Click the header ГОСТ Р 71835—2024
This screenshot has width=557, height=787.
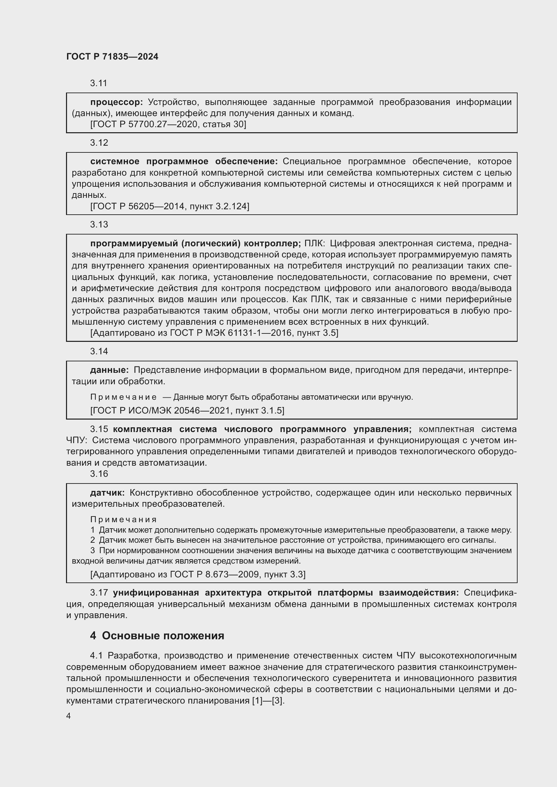coord(112,57)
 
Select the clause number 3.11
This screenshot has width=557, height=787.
coord(99,83)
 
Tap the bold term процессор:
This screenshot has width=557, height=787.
coord(116,102)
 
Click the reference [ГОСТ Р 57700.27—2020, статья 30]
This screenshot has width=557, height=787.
coord(168,124)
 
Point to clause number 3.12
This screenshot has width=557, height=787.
coord(99,143)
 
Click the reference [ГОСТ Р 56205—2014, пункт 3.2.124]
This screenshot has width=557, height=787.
coord(169,206)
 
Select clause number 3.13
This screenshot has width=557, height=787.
coord(99,224)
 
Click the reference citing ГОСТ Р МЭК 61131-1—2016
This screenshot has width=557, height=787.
coord(214,333)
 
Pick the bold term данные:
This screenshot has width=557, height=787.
coord(109,370)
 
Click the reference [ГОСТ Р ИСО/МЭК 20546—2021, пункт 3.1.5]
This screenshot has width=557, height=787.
coord(187,410)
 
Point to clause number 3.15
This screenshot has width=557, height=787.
coord(99,429)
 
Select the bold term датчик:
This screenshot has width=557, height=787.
coord(107,493)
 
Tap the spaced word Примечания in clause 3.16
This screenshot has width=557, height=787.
coord(124,519)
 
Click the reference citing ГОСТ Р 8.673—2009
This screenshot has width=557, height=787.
coord(198,574)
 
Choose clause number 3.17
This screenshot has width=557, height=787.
coord(99,593)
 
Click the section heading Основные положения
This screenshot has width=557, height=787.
coord(163,636)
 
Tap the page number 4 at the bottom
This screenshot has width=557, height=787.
coord(69,716)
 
